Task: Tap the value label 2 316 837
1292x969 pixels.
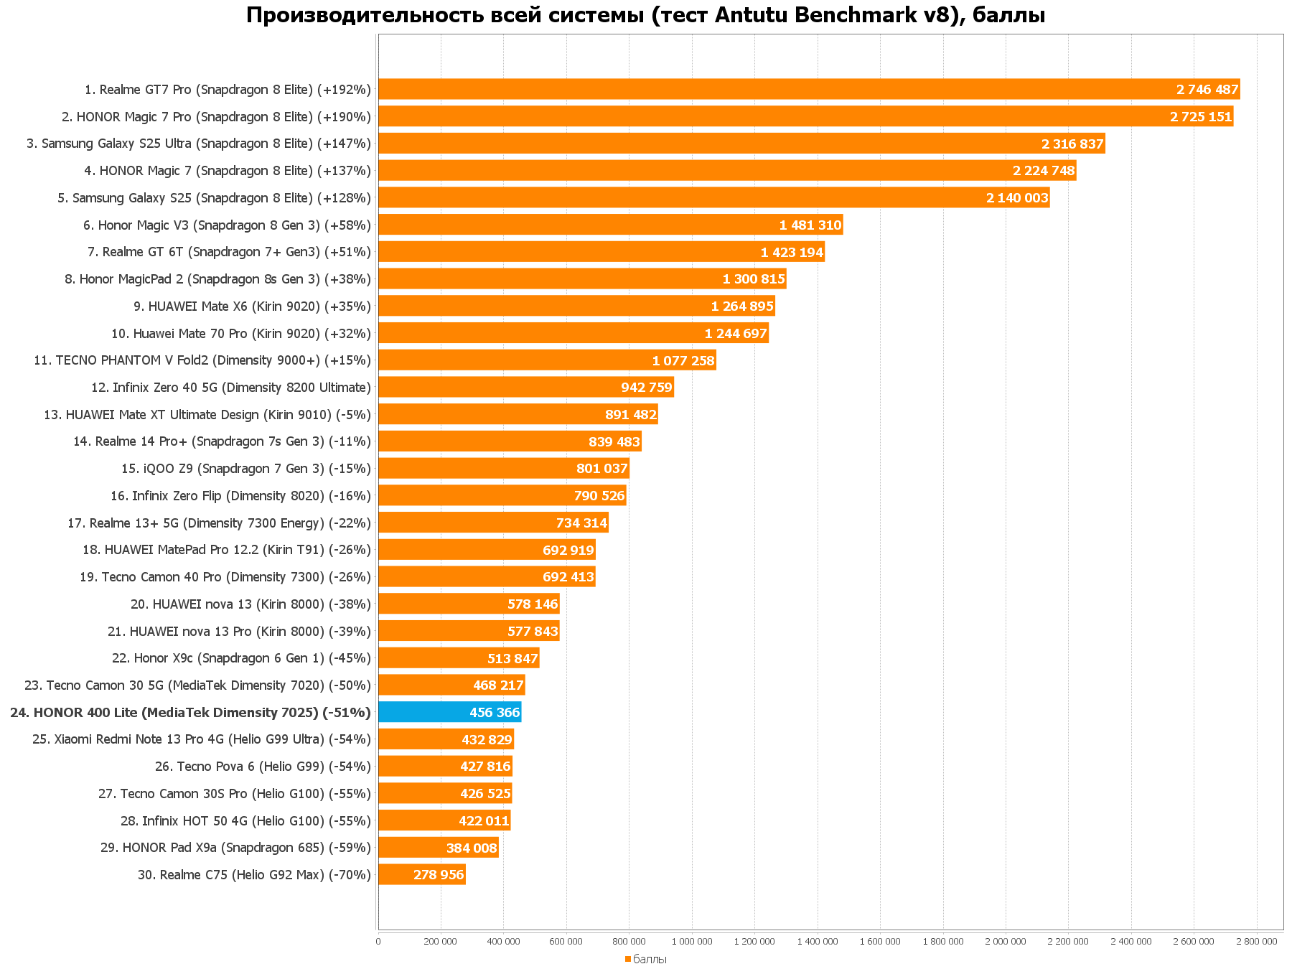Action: pyautogui.click(x=1072, y=144)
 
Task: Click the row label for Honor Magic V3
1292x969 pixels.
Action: pyautogui.click(x=227, y=225)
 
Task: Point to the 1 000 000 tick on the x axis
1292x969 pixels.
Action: pyautogui.click(x=692, y=941)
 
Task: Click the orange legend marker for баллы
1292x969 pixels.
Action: pyautogui.click(x=627, y=959)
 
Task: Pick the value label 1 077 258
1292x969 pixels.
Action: pyautogui.click(x=683, y=360)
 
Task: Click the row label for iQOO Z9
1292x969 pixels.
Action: pyautogui.click(x=245, y=469)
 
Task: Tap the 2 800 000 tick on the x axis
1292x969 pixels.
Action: pyautogui.click(x=1256, y=941)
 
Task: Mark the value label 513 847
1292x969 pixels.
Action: pyautogui.click(x=512, y=658)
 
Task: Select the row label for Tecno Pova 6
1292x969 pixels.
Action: pyautogui.click(x=263, y=767)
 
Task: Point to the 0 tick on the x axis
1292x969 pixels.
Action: pyautogui.click(x=378, y=941)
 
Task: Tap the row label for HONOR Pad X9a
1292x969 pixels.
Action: pyautogui.click(x=235, y=848)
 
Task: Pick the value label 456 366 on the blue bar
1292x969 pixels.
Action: pyautogui.click(x=495, y=712)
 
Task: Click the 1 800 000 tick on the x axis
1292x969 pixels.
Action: pyautogui.click(x=942, y=941)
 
